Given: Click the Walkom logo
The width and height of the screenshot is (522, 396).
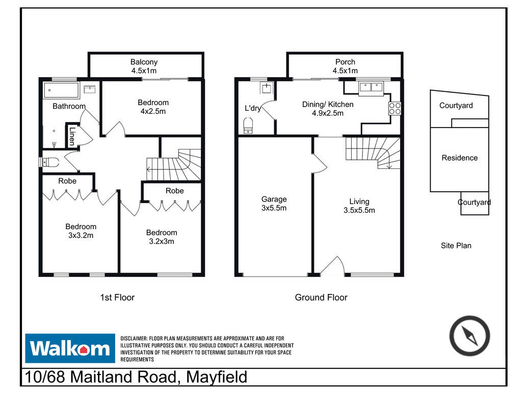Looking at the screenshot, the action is tap(70, 348).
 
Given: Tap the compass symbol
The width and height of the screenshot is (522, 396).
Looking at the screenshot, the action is tap(469, 336).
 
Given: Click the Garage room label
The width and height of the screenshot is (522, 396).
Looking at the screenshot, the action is tap(274, 204).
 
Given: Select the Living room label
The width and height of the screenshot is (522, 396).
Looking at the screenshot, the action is tap(359, 206).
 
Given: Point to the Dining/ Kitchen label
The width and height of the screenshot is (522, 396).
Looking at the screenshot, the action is tap(328, 109).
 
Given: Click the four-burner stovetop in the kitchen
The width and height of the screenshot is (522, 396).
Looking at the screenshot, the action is tap(395, 108).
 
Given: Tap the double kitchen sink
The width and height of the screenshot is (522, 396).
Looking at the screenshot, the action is tap(371, 88).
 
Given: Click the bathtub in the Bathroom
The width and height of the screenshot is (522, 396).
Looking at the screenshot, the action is tap(62, 90).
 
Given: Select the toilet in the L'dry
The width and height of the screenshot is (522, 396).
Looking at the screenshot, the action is tap(248, 126).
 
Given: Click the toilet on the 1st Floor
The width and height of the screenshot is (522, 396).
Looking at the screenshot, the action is tap(49, 162).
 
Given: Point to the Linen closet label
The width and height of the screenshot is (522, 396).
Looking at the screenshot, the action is tap(72, 136).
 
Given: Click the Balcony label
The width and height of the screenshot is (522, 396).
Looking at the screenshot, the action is tap(144, 66).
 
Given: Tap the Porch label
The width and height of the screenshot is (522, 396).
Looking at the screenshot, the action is tap(345, 66).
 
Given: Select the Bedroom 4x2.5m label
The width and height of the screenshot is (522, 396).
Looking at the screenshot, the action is tap(153, 107).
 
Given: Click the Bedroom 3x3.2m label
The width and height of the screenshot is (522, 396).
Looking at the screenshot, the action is tap(81, 231).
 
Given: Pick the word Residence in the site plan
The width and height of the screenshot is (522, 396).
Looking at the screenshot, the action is tap(459, 158).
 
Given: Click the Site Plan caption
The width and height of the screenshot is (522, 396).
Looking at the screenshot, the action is tap(456, 245).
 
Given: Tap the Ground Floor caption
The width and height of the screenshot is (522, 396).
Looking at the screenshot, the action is tap(321, 298).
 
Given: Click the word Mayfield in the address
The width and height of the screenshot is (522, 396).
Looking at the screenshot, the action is tap(217, 377).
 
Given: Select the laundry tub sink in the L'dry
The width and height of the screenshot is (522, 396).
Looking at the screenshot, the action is tap(267, 88).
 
